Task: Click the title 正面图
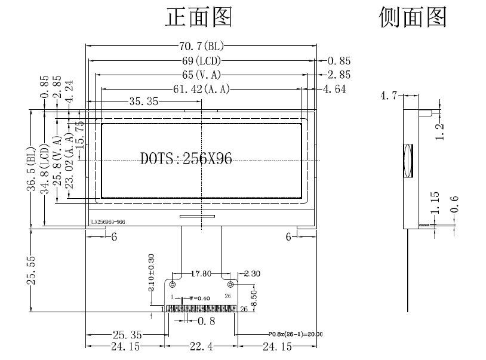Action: (x=198, y=18)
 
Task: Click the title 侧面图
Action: (x=413, y=18)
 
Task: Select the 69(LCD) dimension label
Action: (x=201, y=60)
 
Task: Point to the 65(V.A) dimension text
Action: (x=201, y=75)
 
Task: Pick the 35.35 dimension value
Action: (x=143, y=102)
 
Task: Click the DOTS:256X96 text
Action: (x=186, y=159)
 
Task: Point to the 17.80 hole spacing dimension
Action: (x=201, y=275)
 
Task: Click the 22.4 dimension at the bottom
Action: (x=201, y=346)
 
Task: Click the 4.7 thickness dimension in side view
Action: (x=390, y=95)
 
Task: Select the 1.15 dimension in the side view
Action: (x=435, y=203)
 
